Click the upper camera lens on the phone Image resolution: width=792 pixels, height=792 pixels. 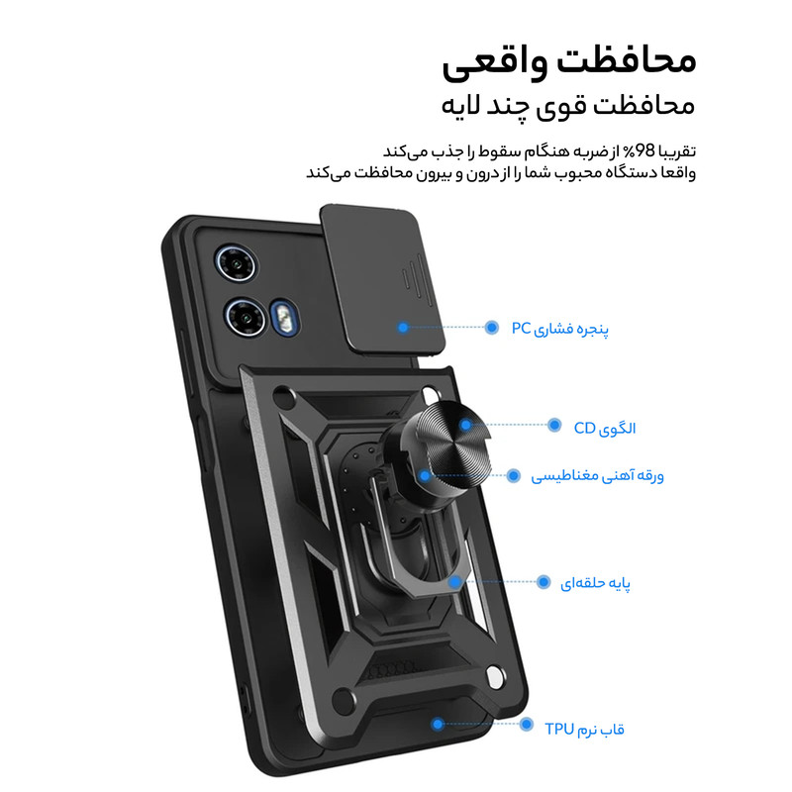tap(236, 264)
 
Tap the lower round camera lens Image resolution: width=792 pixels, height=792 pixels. tap(246, 318)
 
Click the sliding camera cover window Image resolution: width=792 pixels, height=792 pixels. tap(383, 280)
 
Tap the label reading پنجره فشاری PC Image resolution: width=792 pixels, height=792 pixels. tap(559, 329)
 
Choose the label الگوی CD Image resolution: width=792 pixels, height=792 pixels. tap(605, 429)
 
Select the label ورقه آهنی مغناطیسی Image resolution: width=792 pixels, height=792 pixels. tap(597, 476)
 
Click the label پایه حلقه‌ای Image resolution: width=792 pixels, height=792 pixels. tap(596, 583)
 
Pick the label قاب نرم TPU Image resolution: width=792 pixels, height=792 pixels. tap(584, 729)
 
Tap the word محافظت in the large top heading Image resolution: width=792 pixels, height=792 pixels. tap(627, 61)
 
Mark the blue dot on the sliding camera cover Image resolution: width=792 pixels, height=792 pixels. tap(403, 328)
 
